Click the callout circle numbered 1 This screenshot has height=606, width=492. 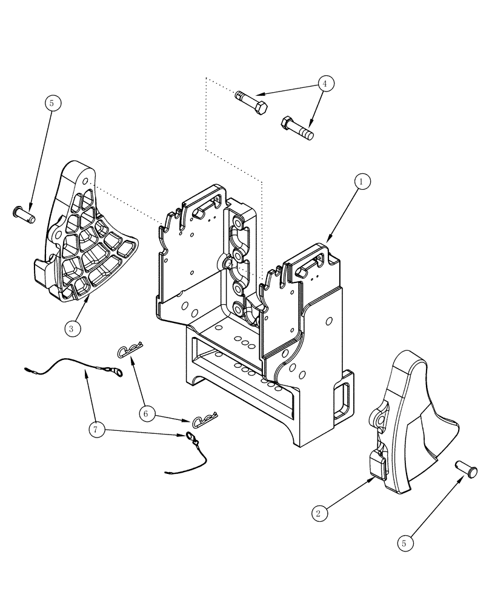point(362,181)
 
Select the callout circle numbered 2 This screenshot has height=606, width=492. point(319,513)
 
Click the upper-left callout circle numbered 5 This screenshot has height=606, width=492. point(52,103)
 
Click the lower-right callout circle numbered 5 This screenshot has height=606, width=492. point(407,543)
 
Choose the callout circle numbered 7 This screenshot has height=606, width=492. point(96,430)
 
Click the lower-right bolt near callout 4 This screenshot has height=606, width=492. point(297,128)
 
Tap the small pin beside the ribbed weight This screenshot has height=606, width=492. point(25,213)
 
